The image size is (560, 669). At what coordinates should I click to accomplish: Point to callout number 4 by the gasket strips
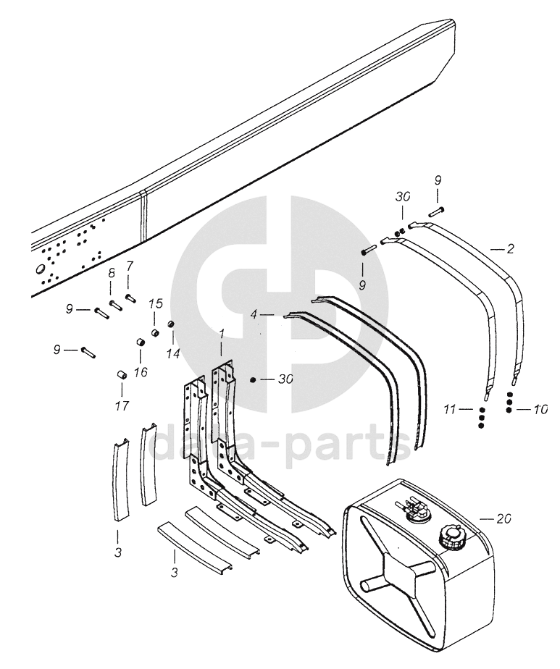pyautogui.click(x=254, y=315)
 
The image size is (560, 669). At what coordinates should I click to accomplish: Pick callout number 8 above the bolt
pyautogui.click(x=112, y=273)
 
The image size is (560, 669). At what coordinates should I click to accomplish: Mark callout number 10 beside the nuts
pyautogui.click(x=538, y=409)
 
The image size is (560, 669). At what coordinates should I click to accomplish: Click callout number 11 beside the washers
pyautogui.click(x=451, y=410)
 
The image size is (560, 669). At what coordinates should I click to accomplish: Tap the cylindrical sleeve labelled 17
pyautogui.click(x=122, y=374)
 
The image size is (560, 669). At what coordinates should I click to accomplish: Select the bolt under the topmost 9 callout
pyautogui.click(x=437, y=211)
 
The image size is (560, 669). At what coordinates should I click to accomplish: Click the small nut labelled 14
pyautogui.click(x=172, y=323)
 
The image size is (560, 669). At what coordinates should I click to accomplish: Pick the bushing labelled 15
pyautogui.click(x=155, y=333)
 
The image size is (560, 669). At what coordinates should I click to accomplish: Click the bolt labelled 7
pyautogui.click(x=130, y=295)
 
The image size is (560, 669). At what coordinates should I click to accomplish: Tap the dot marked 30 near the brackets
pyautogui.click(x=252, y=380)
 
